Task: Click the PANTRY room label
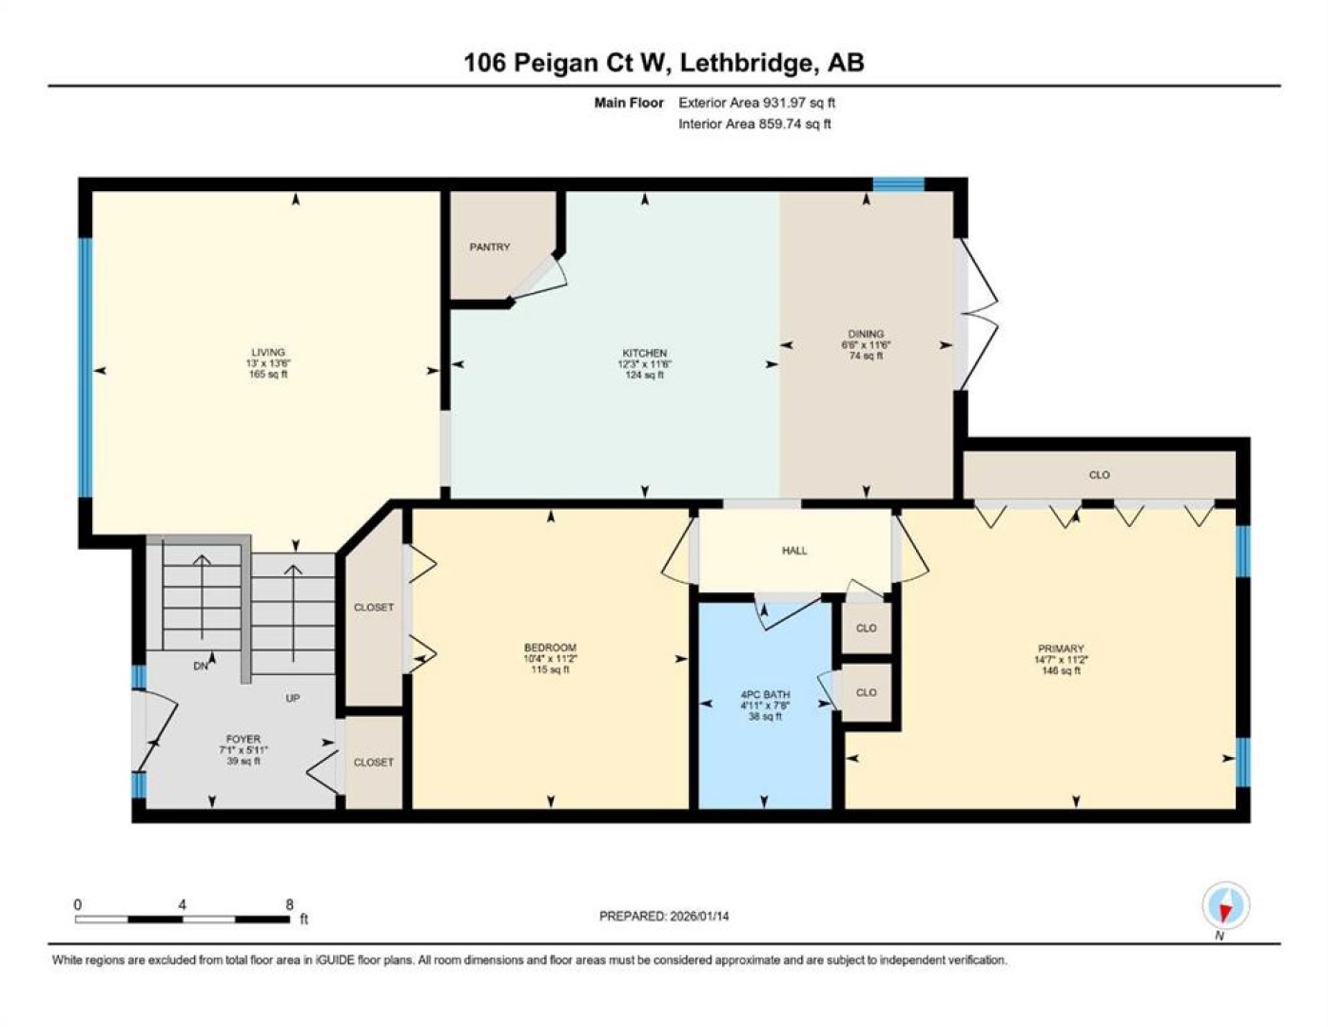click(x=489, y=247)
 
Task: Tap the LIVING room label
click(x=267, y=352)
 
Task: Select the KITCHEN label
click(x=644, y=353)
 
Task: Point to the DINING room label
click(x=866, y=334)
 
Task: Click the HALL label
click(x=794, y=551)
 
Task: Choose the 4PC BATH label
click(x=765, y=694)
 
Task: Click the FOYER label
click(x=243, y=739)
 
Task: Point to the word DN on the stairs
click(x=201, y=667)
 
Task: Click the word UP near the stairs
click(x=292, y=698)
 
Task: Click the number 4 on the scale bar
click(x=182, y=905)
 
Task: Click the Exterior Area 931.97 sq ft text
click(x=756, y=103)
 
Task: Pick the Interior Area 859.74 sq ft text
click(x=754, y=124)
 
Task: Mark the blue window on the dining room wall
click(x=898, y=184)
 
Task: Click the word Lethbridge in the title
click(x=748, y=63)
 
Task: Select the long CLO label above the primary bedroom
click(x=1099, y=475)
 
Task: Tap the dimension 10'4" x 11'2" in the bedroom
click(x=550, y=659)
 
